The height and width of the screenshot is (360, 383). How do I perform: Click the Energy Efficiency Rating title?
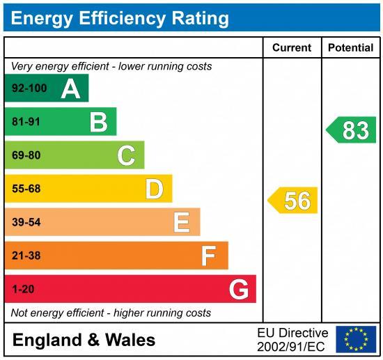[120, 17]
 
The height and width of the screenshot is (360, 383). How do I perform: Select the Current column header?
[292, 48]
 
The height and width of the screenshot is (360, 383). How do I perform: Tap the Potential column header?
[350, 48]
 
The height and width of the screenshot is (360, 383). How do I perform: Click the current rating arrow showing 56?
[293, 201]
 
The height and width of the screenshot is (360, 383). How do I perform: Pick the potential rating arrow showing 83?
[352, 130]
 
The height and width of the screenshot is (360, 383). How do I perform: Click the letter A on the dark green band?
[70, 88]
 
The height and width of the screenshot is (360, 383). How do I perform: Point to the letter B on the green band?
[98, 123]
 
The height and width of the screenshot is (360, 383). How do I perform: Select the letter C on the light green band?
[126, 155]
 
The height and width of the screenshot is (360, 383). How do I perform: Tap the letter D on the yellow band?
[154, 189]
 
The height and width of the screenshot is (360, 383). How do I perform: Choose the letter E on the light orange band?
[181, 222]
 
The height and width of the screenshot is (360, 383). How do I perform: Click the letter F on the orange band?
[208, 256]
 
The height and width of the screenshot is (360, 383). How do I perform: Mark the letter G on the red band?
[239, 289]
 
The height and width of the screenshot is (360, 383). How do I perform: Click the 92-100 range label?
[29, 88]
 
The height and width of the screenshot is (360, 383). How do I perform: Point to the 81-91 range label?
[26, 123]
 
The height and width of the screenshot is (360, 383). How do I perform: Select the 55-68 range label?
[26, 189]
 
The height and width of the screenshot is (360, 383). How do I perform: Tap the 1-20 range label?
[23, 289]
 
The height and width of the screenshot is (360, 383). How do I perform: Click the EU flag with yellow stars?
[356, 339]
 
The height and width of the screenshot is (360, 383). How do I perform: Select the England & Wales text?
[84, 340]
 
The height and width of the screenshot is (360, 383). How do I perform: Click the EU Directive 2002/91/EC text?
[292, 340]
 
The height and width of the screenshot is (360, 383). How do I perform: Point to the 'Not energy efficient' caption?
[111, 313]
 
